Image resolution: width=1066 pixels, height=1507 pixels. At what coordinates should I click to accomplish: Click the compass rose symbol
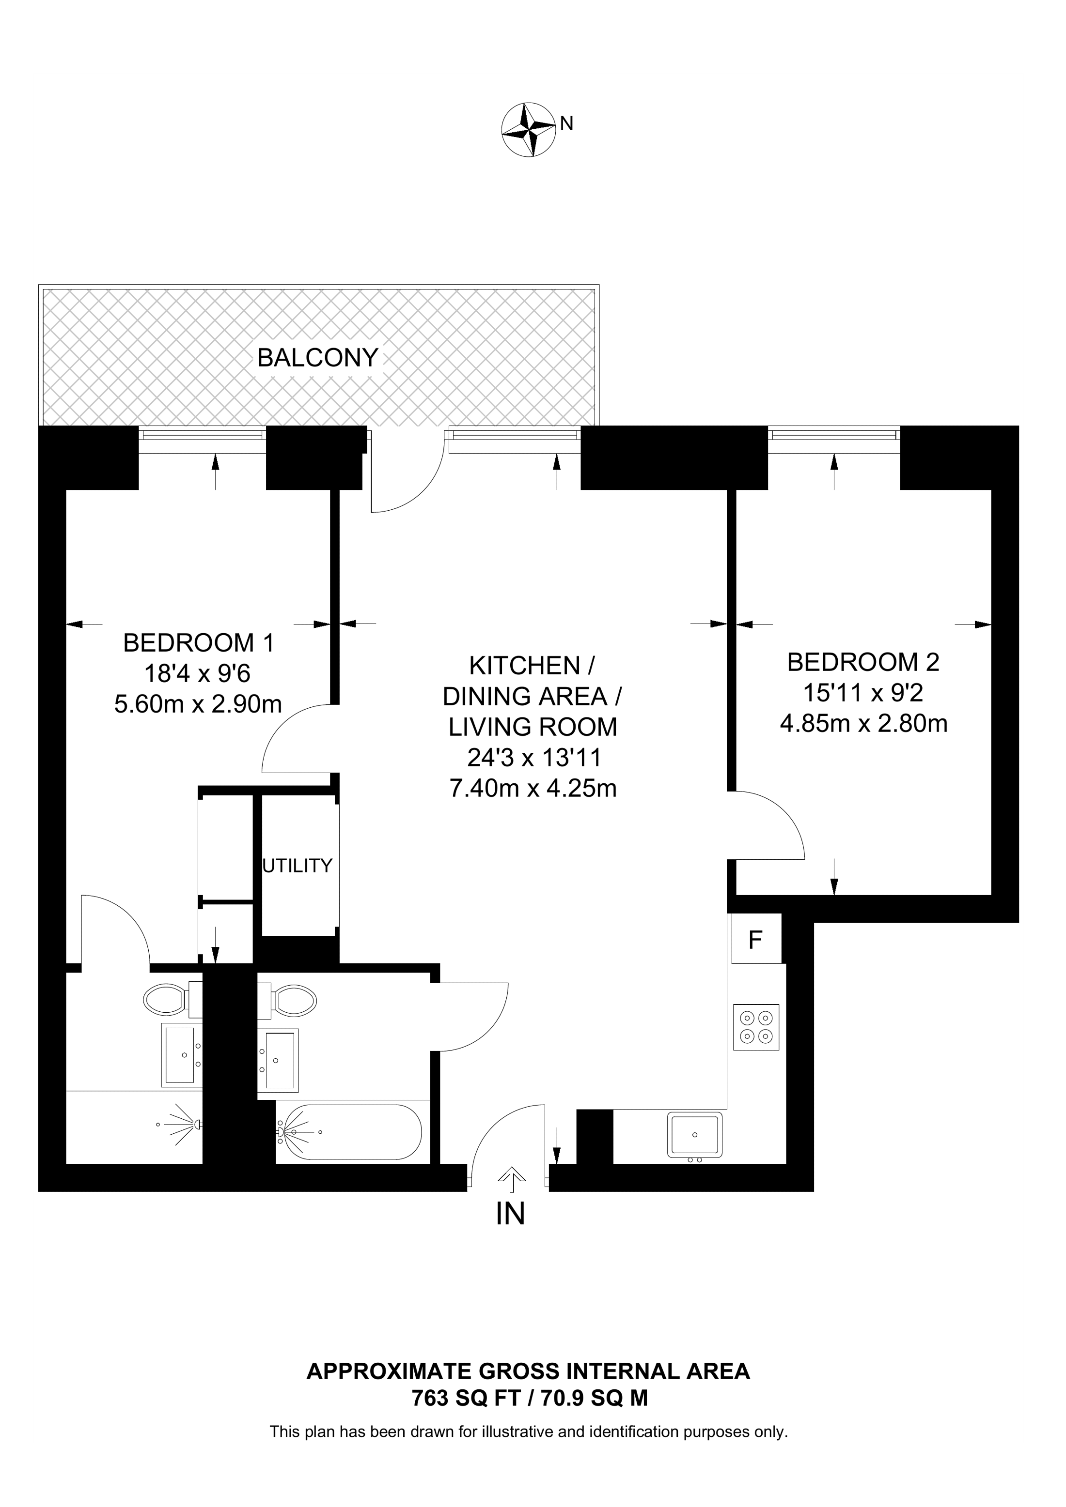(529, 129)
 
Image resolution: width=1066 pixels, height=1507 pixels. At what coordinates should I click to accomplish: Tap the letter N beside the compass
(567, 123)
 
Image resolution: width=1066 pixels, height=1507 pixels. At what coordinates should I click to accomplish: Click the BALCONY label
(318, 358)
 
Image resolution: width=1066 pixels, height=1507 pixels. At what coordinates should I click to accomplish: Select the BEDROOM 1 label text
(198, 642)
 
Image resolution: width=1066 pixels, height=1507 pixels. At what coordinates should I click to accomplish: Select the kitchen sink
(694, 1134)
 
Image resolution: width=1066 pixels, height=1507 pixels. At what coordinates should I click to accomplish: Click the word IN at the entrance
(510, 1214)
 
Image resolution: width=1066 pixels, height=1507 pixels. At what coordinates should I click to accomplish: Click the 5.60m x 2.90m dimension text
(198, 704)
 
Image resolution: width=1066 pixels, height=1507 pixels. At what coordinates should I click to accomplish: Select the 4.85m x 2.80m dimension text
(864, 724)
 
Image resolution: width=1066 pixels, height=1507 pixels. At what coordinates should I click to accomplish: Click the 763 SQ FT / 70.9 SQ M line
(530, 1399)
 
